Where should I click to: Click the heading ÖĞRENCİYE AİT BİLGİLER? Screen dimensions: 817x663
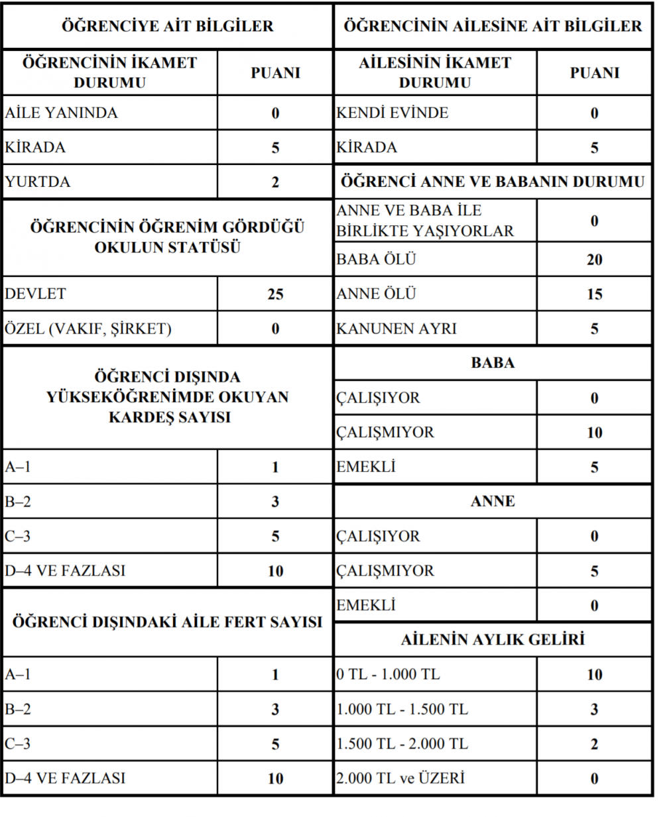pos(167,27)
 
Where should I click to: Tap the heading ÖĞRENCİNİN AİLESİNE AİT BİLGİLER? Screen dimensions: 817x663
pos(493,27)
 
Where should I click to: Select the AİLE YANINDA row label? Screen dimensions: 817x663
pos(61,113)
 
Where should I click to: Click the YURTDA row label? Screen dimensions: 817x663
pos(38,182)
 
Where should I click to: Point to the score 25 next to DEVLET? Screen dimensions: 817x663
pos(275,294)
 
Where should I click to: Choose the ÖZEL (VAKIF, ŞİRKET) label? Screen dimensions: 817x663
pos(88,329)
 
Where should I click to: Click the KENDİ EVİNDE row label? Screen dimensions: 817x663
pos(392,113)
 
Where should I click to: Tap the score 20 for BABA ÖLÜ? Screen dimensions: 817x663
pos(594,260)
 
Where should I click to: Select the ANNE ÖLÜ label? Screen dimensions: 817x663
pos(376,294)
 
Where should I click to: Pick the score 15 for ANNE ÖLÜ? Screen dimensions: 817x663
pos(594,294)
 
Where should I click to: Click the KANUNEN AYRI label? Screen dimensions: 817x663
pos(396,329)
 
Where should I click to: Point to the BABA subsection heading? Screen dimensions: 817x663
pos(493,363)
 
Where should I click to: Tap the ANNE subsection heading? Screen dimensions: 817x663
pos(493,502)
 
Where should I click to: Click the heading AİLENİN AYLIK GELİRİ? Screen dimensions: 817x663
pos(493,640)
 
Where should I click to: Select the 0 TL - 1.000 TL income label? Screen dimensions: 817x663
pos(388,675)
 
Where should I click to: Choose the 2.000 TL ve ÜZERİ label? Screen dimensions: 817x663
pos(400,778)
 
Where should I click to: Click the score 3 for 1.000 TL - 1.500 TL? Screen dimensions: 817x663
pos(594,710)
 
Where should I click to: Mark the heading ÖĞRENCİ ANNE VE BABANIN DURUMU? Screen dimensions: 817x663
pos(493,182)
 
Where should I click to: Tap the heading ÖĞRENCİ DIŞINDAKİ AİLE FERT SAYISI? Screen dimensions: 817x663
pos(167,622)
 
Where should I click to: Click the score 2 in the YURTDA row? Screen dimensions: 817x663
pos(275,182)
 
